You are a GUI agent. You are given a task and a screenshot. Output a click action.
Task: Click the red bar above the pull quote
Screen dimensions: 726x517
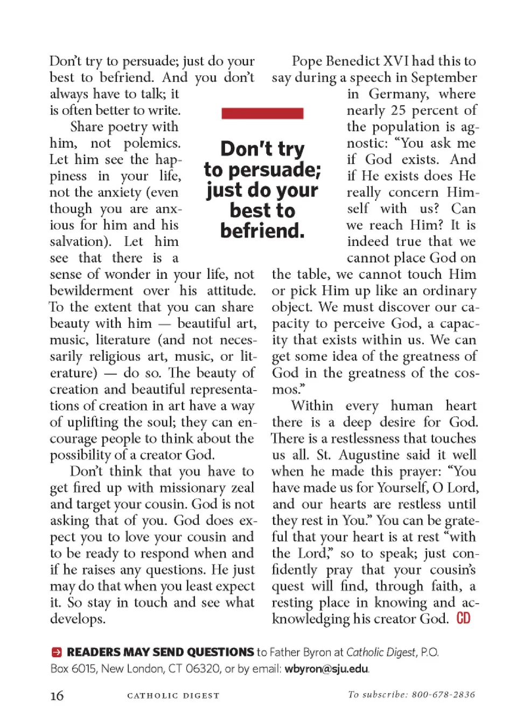click(262, 113)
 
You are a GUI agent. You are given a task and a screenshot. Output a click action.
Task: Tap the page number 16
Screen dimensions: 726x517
click(57, 696)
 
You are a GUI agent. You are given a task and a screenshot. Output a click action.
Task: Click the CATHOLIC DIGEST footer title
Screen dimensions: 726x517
click(173, 696)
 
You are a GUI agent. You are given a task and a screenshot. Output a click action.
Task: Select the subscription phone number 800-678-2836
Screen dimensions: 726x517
click(443, 695)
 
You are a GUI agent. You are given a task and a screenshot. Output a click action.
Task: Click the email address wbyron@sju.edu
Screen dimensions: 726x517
click(326, 669)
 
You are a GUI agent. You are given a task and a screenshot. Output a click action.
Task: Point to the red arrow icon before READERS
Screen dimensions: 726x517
click(57, 653)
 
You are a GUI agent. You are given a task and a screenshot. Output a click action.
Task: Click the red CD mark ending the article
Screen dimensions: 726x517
click(463, 618)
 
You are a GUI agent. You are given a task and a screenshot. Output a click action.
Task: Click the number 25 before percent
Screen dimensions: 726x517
click(398, 110)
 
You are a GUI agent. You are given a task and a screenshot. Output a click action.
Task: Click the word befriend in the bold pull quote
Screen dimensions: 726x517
click(262, 231)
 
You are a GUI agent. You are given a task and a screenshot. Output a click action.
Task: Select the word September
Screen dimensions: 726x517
click(444, 77)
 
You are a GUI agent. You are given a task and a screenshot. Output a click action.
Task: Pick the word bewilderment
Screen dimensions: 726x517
click(91, 291)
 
